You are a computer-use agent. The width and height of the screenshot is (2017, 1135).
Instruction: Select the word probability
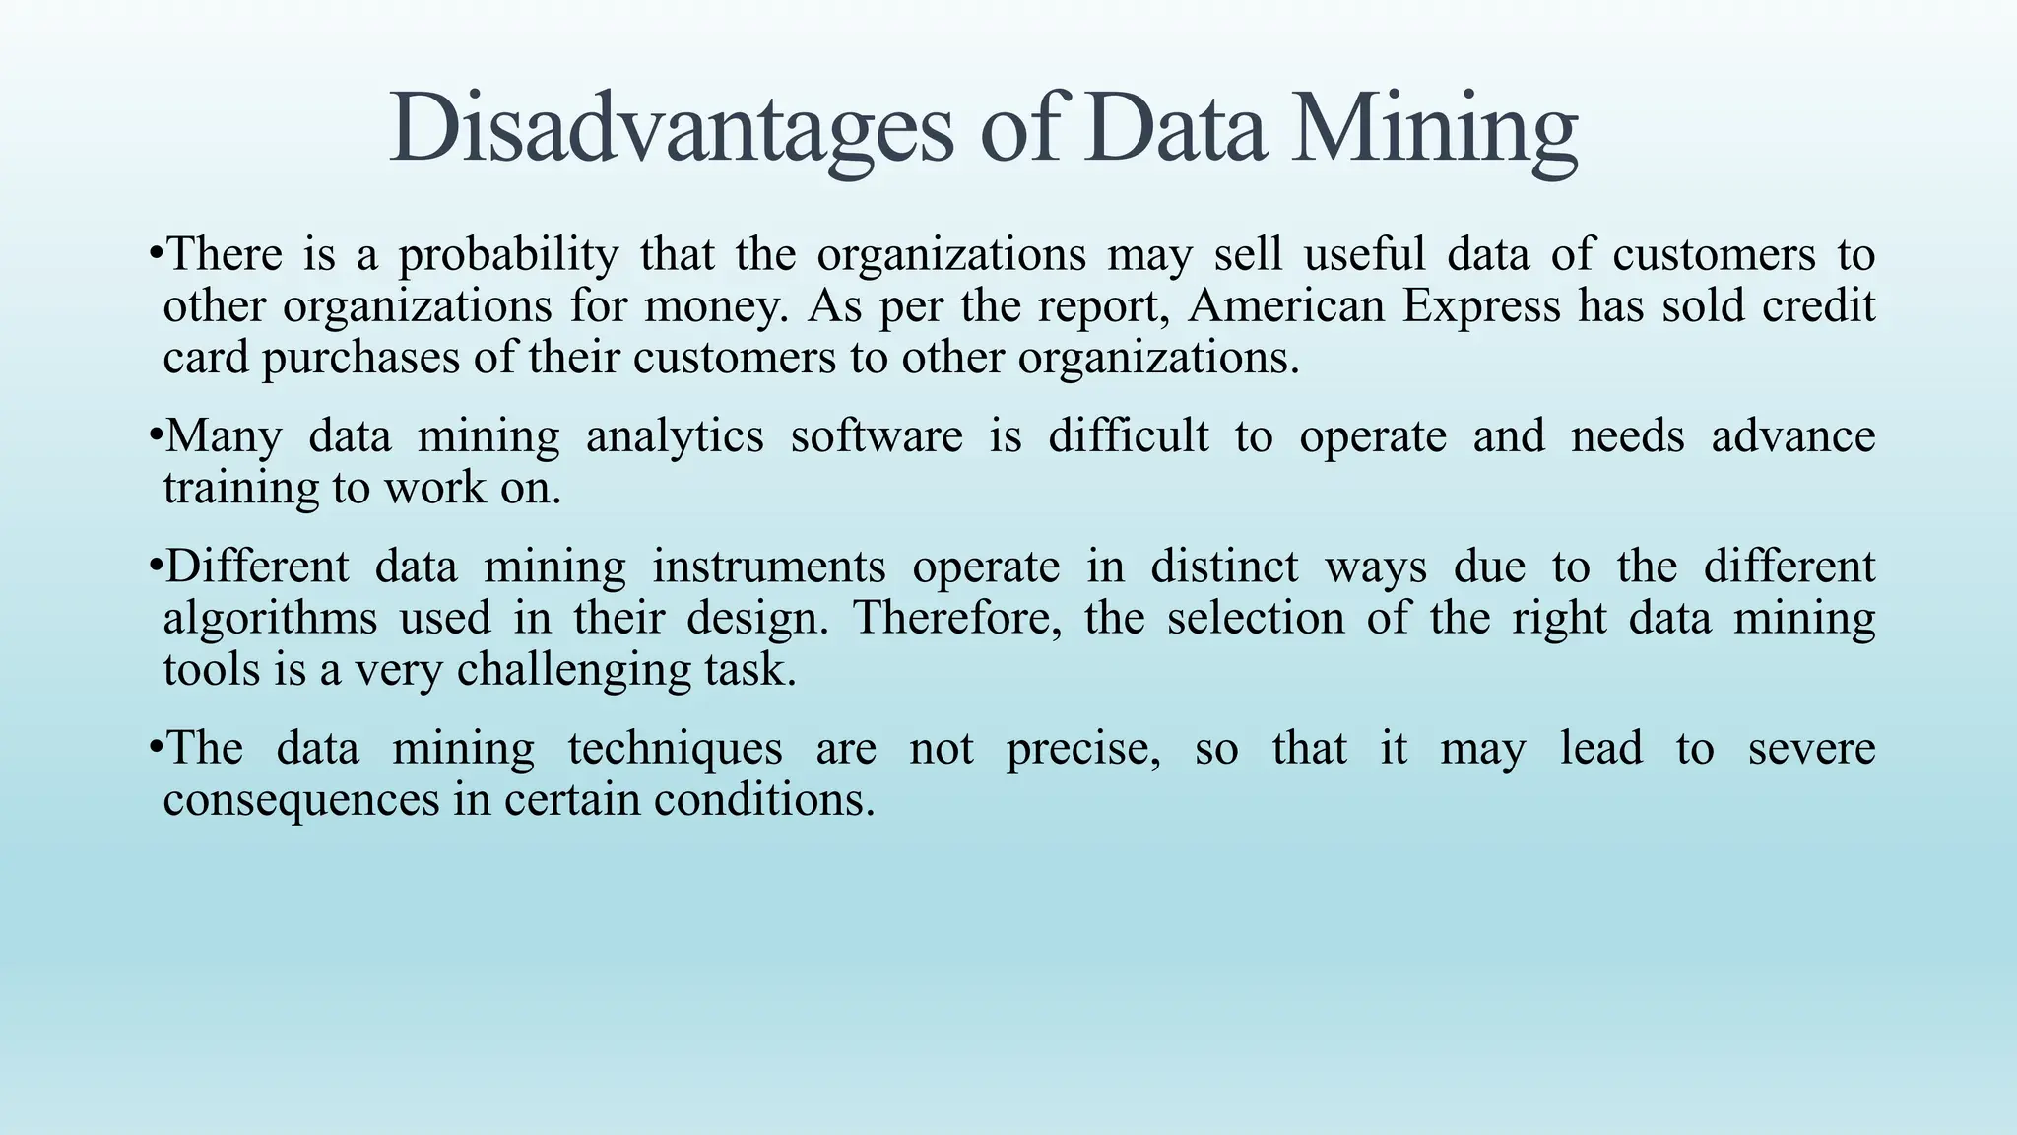pyautogui.click(x=508, y=256)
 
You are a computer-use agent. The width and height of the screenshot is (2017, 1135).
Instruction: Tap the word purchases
pyautogui.click(x=360, y=358)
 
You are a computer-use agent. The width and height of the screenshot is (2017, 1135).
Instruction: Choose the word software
pyautogui.click(x=877, y=436)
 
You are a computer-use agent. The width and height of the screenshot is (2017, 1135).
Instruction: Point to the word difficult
pyautogui.click(x=1128, y=436)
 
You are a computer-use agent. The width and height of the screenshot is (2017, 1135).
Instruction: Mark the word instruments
pyautogui.click(x=768, y=567)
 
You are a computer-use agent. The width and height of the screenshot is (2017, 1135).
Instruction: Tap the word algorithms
pyautogui.click(x=270, y=619)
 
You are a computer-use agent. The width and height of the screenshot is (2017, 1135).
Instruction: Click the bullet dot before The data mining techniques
pyautogui.click(x=155, y=746)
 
